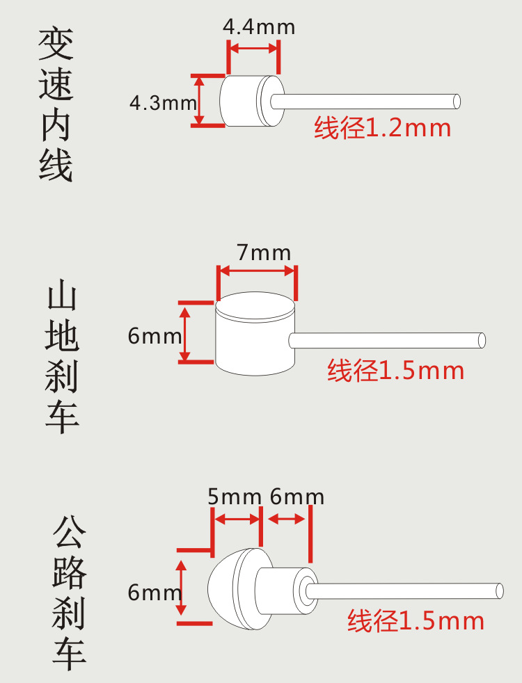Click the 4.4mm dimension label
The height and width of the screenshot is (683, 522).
tap(259, 27)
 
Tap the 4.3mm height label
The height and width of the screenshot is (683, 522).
tap(163, 103)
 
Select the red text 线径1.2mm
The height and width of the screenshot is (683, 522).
tap(382, 128)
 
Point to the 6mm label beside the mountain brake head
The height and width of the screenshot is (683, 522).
tap(155, 337)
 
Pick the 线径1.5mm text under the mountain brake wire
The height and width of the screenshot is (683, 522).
tap(395, 371)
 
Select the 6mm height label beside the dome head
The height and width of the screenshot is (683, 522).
tap(155, 593)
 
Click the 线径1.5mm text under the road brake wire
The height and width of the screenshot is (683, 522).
tap(416, 620)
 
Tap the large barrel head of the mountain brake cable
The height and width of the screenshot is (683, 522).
tap(255, 332)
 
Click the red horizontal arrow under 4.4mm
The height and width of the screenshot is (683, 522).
tap(253, 49)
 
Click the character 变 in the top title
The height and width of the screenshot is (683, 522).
tap(56, 44)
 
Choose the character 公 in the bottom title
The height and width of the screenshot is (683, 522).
tap(69, 535)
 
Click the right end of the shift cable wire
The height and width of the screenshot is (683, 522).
tap(456, 101)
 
